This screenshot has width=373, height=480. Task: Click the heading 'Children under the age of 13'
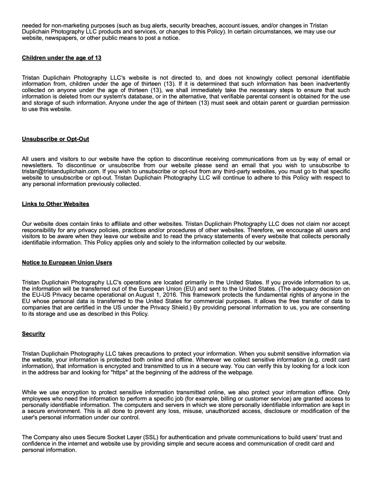62,58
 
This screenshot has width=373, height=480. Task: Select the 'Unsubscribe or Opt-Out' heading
55,139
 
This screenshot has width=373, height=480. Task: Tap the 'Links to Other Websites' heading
55,204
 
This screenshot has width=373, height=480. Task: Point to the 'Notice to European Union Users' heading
67,263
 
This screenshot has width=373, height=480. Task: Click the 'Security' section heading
33,334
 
